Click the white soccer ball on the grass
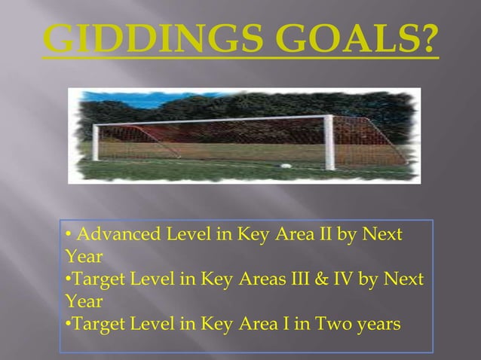(285, 166)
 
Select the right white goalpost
(329, 142)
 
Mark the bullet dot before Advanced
(68, 235)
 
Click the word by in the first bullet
(346, 235)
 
